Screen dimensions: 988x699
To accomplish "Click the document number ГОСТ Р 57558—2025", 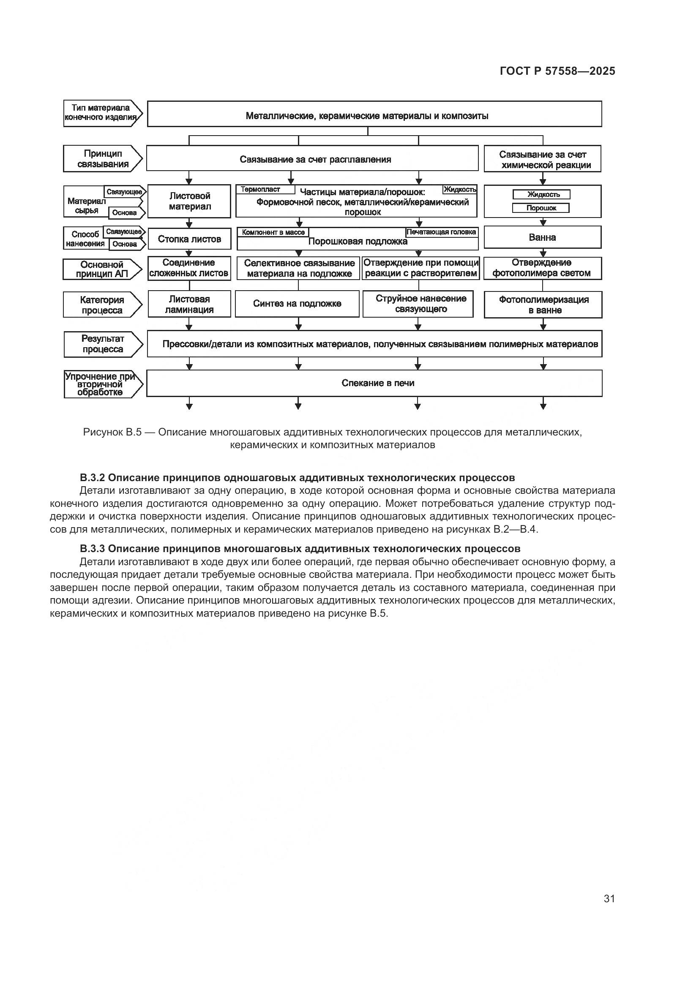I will coord(557,71).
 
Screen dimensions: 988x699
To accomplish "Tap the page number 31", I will coord(609,898).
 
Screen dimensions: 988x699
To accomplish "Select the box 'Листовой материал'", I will coord(189,201).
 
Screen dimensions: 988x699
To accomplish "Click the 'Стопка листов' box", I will coord(189,239).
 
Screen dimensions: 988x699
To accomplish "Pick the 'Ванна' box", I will coord(542,237).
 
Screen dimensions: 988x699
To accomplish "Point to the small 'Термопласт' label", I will coord(260,189).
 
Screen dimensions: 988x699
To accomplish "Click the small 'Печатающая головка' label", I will coord(441,232).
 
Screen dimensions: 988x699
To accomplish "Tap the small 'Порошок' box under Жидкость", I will coord(541,208).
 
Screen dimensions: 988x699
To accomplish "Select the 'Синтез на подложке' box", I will coord(297,304).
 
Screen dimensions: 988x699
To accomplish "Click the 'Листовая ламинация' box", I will coord(189,304).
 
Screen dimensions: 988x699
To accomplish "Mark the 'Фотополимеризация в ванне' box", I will coord(543,305).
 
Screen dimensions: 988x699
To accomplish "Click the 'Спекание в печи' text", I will coord(377,383).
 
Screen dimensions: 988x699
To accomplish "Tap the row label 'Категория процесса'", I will coord(102,305).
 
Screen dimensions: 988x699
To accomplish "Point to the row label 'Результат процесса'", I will coord(102,344).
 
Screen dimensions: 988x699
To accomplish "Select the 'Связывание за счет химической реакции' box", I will coord(543,159).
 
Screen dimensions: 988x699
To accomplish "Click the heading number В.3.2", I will coord(93,478).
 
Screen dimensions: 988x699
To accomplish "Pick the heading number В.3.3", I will coord(93,549).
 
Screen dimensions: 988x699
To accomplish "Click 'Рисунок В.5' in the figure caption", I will coord(112,432).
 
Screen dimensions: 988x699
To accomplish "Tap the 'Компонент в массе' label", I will coord(273,232).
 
